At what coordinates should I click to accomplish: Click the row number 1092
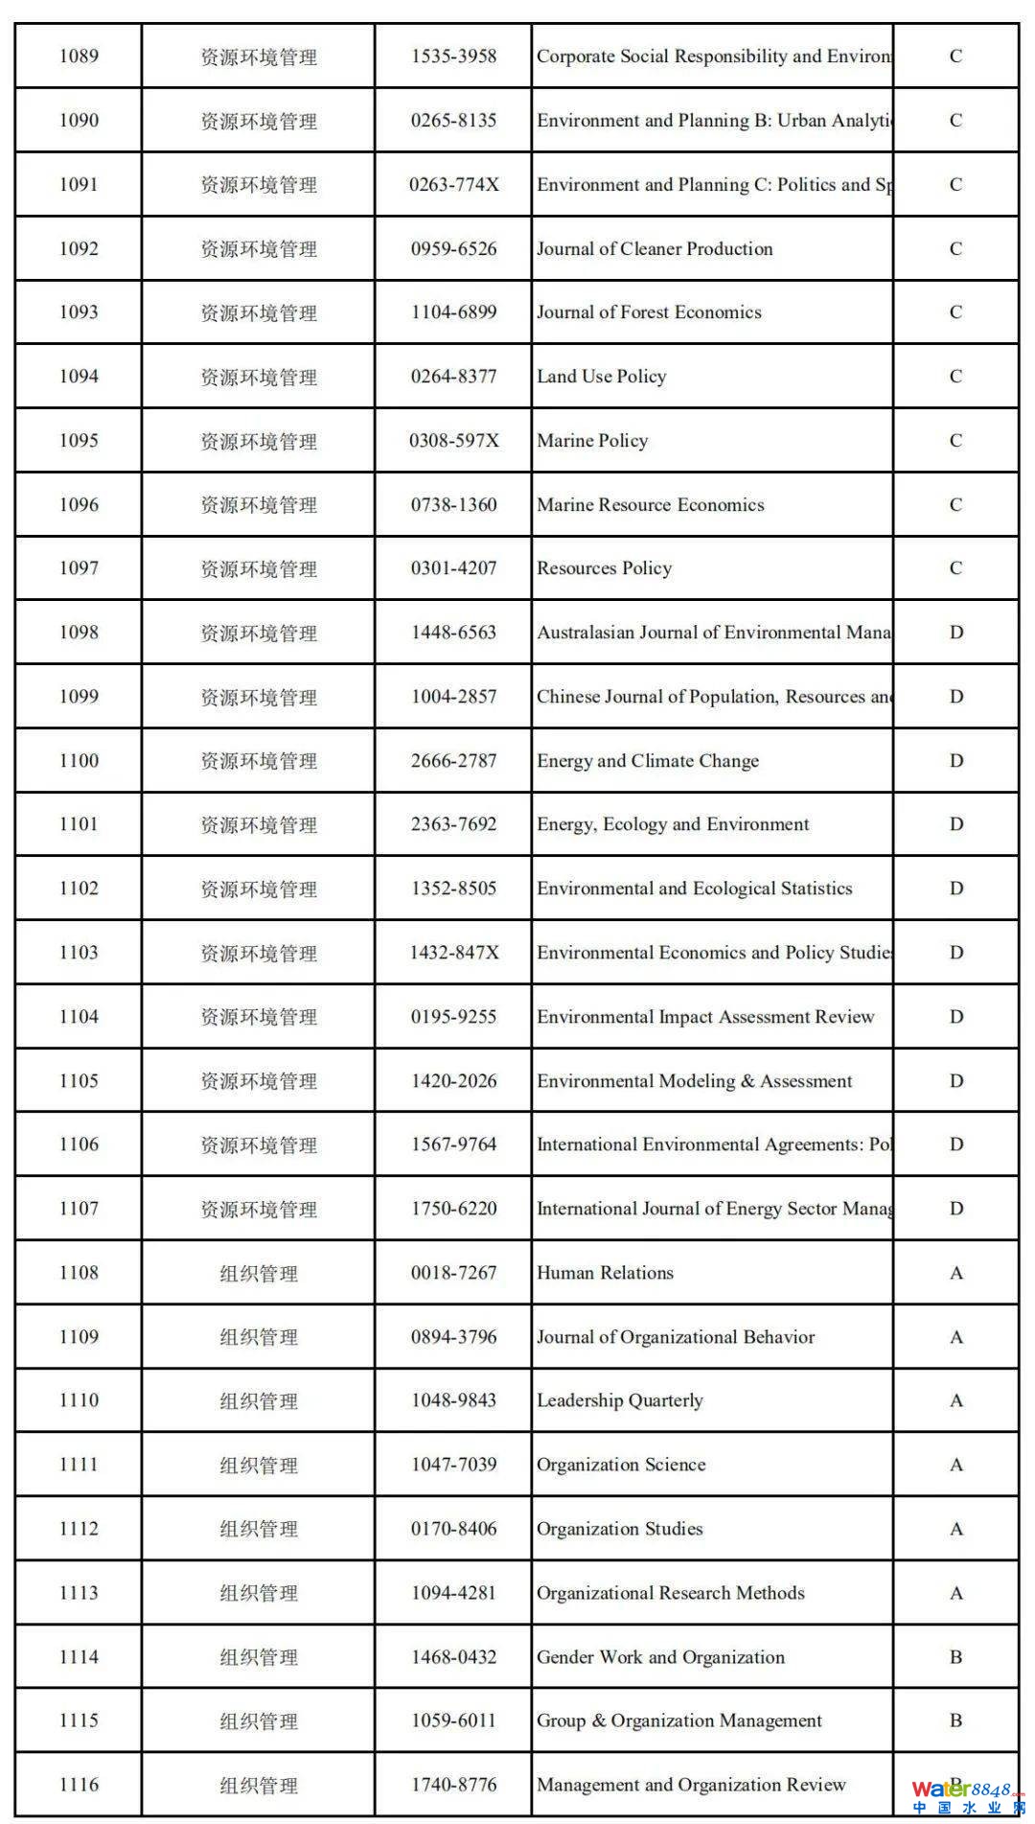[x=79, y=249]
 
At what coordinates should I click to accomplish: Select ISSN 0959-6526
[x=453, y=249]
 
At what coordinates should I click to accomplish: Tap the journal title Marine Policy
[x=592, y=441]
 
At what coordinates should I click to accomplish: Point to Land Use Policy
[x=601, y=377]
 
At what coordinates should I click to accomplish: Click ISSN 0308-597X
[x=453, y=441]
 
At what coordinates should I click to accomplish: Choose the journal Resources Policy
[x=604, y=568]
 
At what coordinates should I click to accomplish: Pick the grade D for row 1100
[x=955, y=761]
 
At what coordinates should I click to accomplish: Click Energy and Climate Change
[x=647, y=761]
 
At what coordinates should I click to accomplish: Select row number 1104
[x=79, y=1017]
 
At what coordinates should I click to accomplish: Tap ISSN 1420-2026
[x=453, y=1081]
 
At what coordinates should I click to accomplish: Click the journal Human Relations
[x=605, y=1273]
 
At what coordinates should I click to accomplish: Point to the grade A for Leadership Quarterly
[x=955, y=1401]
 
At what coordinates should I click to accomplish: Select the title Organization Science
[x=620, y=1465]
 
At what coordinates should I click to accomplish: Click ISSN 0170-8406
[x=453, y=1529]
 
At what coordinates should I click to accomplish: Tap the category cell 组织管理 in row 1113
[x=258, y=1593]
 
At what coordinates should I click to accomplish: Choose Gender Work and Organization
[x=660, y=1657]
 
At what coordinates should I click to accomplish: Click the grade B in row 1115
[x=955, y=1720]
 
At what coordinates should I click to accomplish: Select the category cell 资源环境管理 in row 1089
[x=258, y=57]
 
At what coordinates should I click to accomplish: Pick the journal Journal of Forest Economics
[x=649, y=312]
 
